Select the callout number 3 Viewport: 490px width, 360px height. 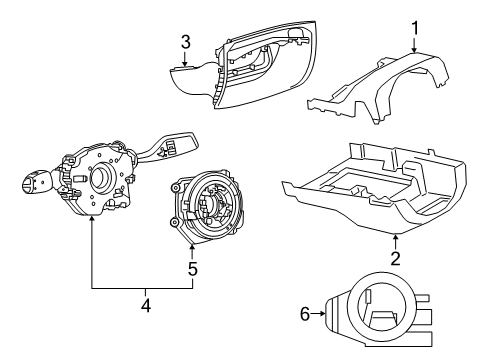tap(185, 42)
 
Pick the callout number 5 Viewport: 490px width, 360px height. tap(192, 269)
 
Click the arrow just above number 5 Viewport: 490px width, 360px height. tap(192, 250)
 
